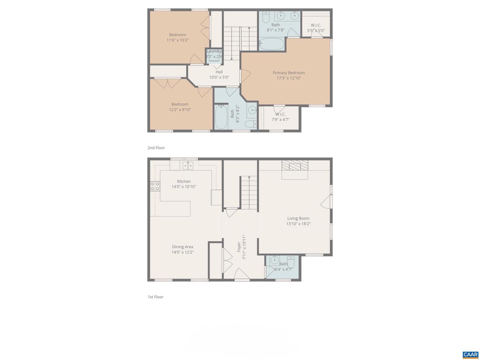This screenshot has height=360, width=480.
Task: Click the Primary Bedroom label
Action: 289,73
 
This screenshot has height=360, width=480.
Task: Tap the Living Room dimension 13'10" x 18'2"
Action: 298,224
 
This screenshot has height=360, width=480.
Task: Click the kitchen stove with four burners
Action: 155,186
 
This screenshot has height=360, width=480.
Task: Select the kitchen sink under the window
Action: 188,165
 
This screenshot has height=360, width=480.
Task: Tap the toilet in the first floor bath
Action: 291,259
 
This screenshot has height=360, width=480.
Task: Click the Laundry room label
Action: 214,51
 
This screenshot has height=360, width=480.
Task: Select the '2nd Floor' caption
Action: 156,148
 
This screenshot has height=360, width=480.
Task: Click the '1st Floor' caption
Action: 156,297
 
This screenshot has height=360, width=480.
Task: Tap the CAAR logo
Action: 470,355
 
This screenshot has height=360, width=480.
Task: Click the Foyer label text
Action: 239,247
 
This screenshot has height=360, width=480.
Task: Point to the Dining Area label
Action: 183,247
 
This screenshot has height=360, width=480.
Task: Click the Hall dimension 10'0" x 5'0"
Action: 219,77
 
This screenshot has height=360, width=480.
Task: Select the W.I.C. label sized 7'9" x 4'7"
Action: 280,114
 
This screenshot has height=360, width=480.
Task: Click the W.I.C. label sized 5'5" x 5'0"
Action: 316,25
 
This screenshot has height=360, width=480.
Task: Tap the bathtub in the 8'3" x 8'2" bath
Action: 221,117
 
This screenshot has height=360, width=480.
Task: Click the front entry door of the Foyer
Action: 242,275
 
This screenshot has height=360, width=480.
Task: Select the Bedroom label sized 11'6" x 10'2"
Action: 178,35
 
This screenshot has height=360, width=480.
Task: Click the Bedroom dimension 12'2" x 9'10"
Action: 180,110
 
